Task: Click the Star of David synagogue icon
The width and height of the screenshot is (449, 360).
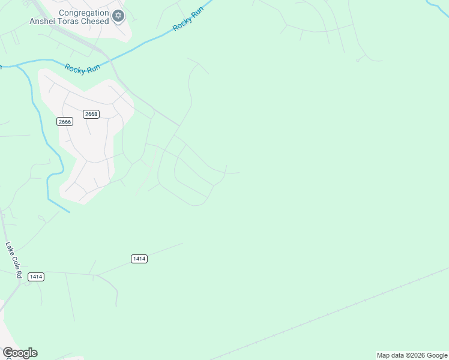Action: point(118,16)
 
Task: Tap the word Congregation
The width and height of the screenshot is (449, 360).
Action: point(84,13)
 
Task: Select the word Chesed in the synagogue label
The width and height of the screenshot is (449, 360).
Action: point(97,22)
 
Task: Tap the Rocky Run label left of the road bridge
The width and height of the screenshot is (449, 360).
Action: point(82,68)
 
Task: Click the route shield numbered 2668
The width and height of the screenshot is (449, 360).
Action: point(91,114)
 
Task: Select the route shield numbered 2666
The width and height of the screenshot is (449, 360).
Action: point(65,122)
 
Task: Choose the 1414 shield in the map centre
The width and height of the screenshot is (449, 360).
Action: point(139,259)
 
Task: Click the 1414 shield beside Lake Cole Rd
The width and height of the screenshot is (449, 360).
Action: point(35,277)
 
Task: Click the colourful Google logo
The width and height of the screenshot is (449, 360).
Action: point(20,353)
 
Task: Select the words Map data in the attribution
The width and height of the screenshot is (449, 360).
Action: point(390,356)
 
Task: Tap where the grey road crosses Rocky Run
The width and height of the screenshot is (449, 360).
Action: point(108,58)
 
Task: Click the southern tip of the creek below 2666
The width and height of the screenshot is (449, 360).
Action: point(68,211)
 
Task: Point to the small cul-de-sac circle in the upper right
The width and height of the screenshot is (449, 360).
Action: point(357,60)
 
